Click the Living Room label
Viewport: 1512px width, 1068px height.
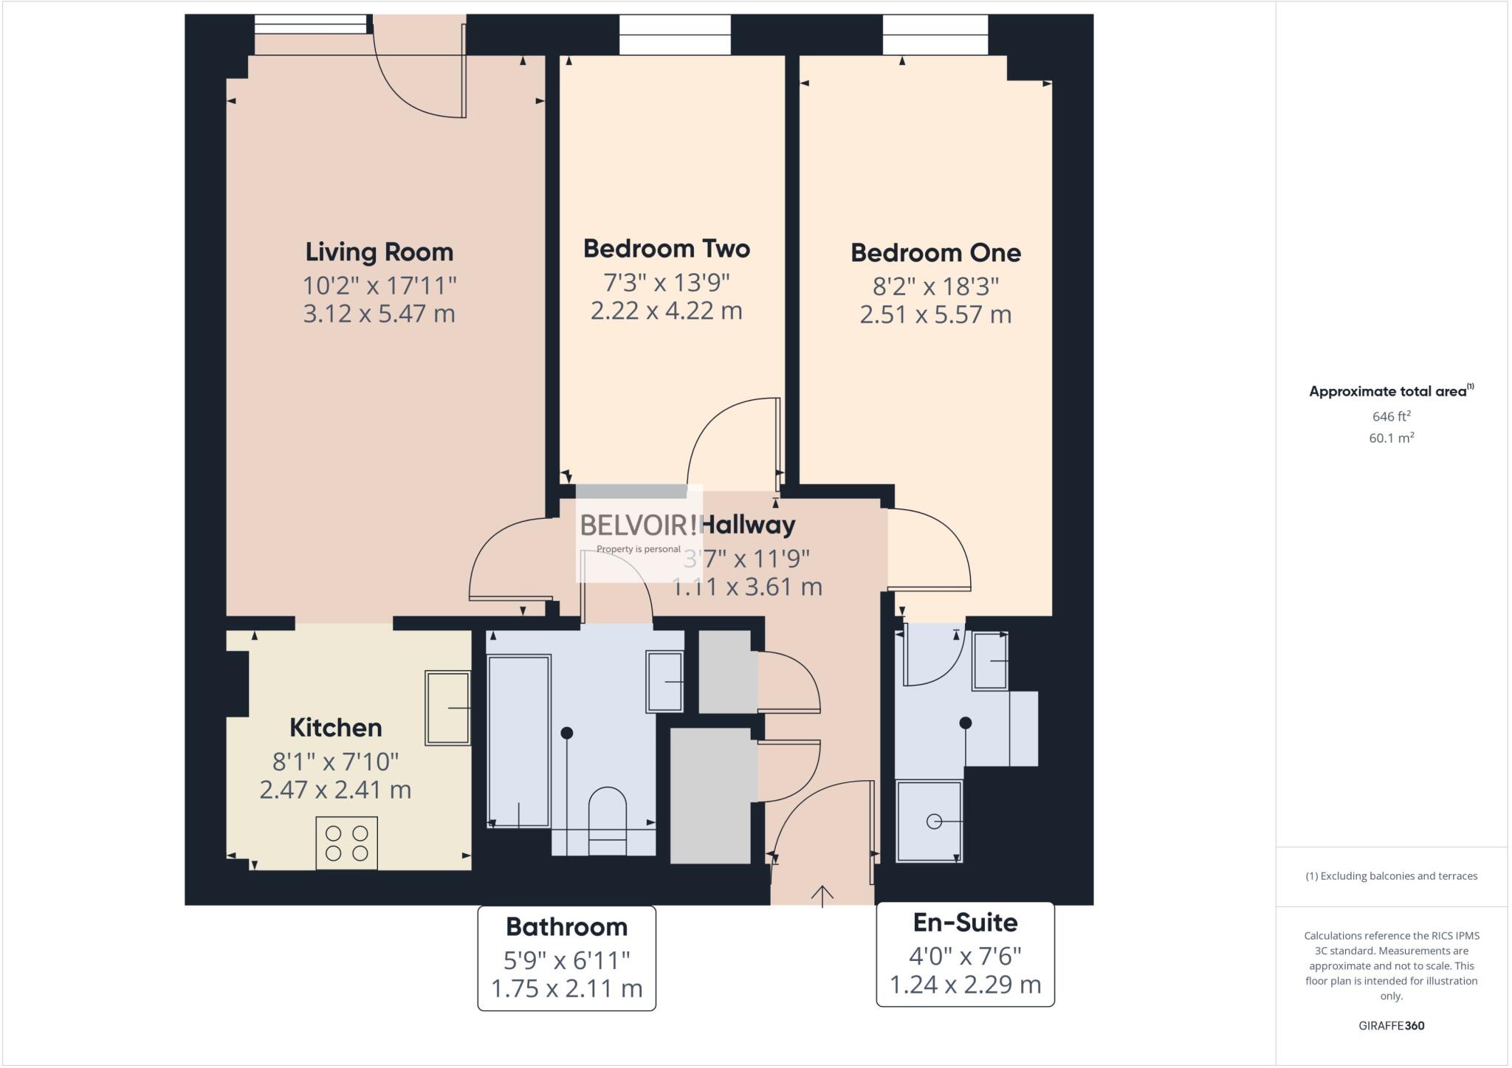379,252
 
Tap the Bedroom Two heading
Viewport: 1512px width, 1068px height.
667,249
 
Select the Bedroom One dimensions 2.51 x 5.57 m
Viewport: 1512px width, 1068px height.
935,315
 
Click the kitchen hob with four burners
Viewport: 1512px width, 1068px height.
346,842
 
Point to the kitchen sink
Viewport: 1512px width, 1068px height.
447,708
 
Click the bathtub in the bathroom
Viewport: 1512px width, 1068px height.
519,741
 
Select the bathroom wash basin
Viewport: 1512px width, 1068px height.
664,681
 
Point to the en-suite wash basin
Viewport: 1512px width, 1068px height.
990,661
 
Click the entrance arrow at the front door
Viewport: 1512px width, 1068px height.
822,895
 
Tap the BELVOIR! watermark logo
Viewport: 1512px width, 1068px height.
639,526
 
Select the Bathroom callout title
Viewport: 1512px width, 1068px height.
566,927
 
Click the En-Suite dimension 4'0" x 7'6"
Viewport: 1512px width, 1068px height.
965,957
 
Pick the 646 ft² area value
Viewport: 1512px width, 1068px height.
1391,416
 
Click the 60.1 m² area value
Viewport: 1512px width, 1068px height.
1391,438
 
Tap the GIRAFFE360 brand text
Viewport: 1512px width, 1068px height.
1391,1025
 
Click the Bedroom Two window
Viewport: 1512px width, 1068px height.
675,35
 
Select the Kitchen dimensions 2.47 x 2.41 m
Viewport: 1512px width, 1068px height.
335,790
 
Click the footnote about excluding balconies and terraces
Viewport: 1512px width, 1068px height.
1391,876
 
